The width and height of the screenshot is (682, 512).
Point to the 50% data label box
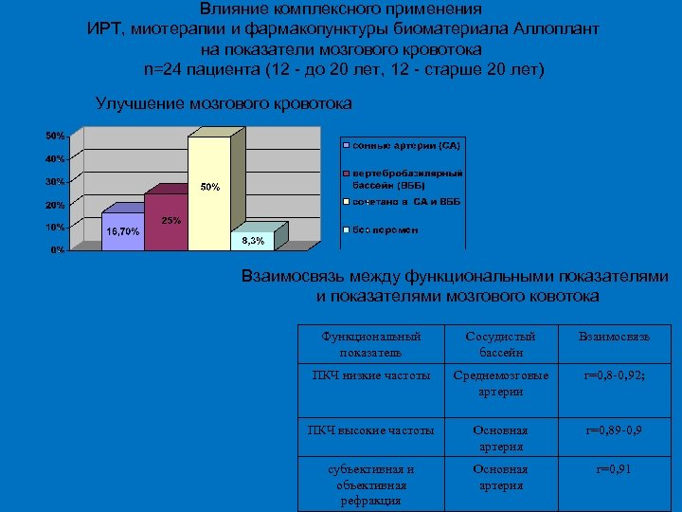[x=210, y=187]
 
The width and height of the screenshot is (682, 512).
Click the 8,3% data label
[x=253, y=241]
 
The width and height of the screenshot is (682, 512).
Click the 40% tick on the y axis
[x=55, y=157]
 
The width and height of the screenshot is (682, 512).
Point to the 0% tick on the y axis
[x=58, y=250]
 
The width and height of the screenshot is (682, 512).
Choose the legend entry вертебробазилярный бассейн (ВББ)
[x=407, y=179]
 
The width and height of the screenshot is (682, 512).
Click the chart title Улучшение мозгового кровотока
[x=224, y=102]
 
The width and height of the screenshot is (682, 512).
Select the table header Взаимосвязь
[x=618, y=337]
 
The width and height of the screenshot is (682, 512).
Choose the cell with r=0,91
[x=616, y=468]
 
